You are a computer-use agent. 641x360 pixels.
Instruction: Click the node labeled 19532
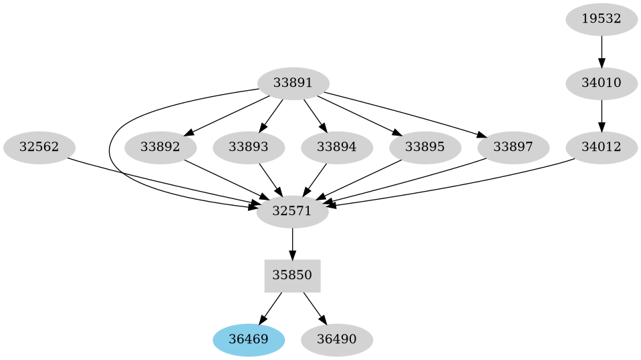(x=602, y=19)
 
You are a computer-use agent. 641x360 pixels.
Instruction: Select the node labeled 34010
(x=602, y=83)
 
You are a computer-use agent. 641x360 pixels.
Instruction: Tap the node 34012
(x=602, y=147)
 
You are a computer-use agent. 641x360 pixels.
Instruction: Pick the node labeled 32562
(x=39, y=147)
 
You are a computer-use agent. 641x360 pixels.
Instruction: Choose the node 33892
(x=160, y=147)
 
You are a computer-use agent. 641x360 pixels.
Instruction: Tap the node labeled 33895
(x=424, y=147)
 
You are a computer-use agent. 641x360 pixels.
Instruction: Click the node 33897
(x=513, y=147)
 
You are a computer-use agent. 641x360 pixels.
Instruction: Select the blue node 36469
(x=249, y=339)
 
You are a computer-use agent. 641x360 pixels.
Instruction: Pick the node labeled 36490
(x=336, y=339)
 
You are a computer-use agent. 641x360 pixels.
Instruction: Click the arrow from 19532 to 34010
(x=602, y=51)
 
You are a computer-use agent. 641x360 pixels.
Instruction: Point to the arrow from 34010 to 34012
(x=602, y=115)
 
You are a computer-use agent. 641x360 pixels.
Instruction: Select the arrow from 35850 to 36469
(x=271, y=307)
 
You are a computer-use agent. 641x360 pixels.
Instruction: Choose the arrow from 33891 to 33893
(x=271, y=115)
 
